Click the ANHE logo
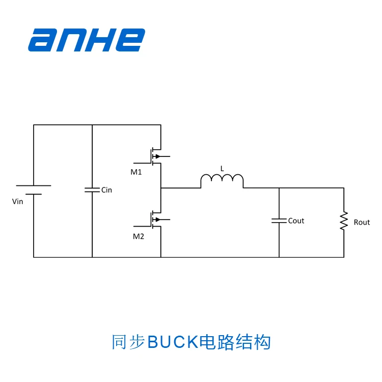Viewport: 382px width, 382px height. [87, 40]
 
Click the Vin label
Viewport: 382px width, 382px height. [18, 202]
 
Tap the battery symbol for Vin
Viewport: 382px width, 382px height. [34, 190]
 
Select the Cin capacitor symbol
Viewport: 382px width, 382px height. [92, 189]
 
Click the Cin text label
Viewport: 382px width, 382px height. [106, 190]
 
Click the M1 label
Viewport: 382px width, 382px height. [136, 172]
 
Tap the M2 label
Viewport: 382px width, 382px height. [139, 236]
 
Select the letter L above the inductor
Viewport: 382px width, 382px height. [222, 168]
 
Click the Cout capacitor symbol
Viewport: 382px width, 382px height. [279, 221]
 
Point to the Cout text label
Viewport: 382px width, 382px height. [296, 221]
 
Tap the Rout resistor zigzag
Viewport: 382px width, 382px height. [344, 221]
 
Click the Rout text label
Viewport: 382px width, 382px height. [362, 223]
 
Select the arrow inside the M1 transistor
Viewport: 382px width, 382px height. [157, 156]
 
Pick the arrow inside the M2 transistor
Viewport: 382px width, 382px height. [157, 220]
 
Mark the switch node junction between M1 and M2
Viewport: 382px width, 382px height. [161, 188]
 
